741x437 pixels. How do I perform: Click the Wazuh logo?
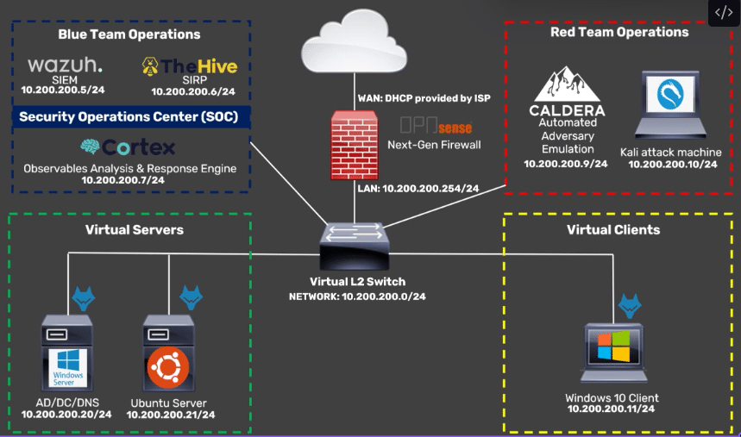pyautogui.click(x=65, y=66)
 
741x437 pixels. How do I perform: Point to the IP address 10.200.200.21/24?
pyautogui.click(x=170, y=415)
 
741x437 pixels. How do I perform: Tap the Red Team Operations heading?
pyautogui.click(x=619, y=32)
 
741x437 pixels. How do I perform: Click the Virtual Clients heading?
pyautogui.click(x=612, y=229)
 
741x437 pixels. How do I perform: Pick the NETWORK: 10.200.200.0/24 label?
pyautogui.click(x=357, y=297)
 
